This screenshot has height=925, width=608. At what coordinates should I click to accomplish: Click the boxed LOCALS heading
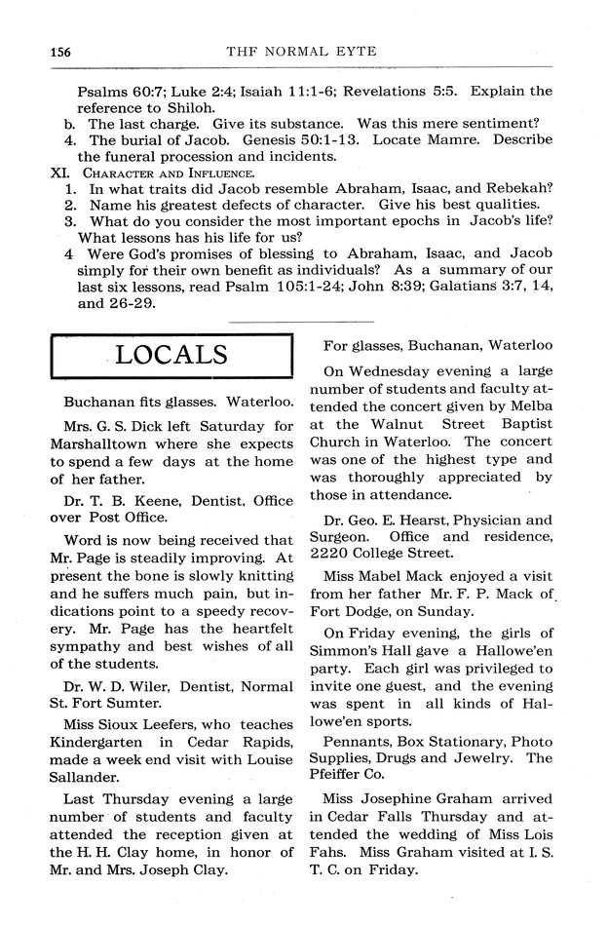click(x=171, y=354)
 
